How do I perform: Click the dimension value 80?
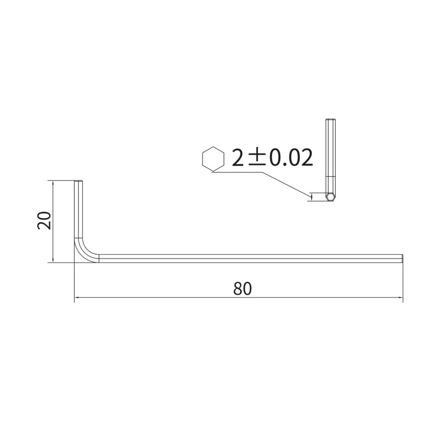point(243,288)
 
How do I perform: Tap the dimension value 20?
point(44,220)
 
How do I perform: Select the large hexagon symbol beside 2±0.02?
point(213,159)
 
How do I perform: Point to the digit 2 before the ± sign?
point(237,157)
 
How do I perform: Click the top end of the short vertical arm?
point(79,181)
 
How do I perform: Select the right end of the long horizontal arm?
point(402,259)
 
